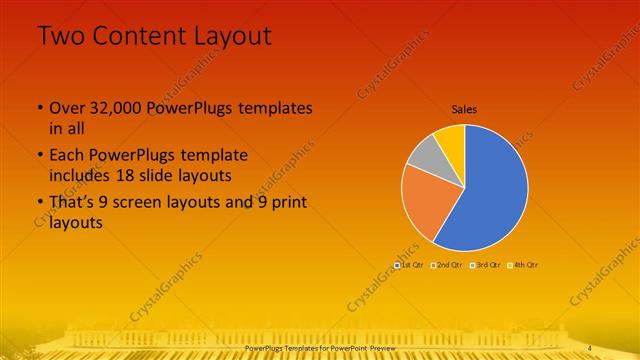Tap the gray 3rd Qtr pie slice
[x=424, y=154]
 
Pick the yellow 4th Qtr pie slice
[x=451, y=137]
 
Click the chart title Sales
[x=464, y=108]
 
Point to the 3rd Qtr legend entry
[x=487, y=264]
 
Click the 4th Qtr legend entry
[x=525, y=264]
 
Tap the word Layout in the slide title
[x=234, y=36]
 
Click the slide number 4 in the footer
[x=590, y=347]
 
